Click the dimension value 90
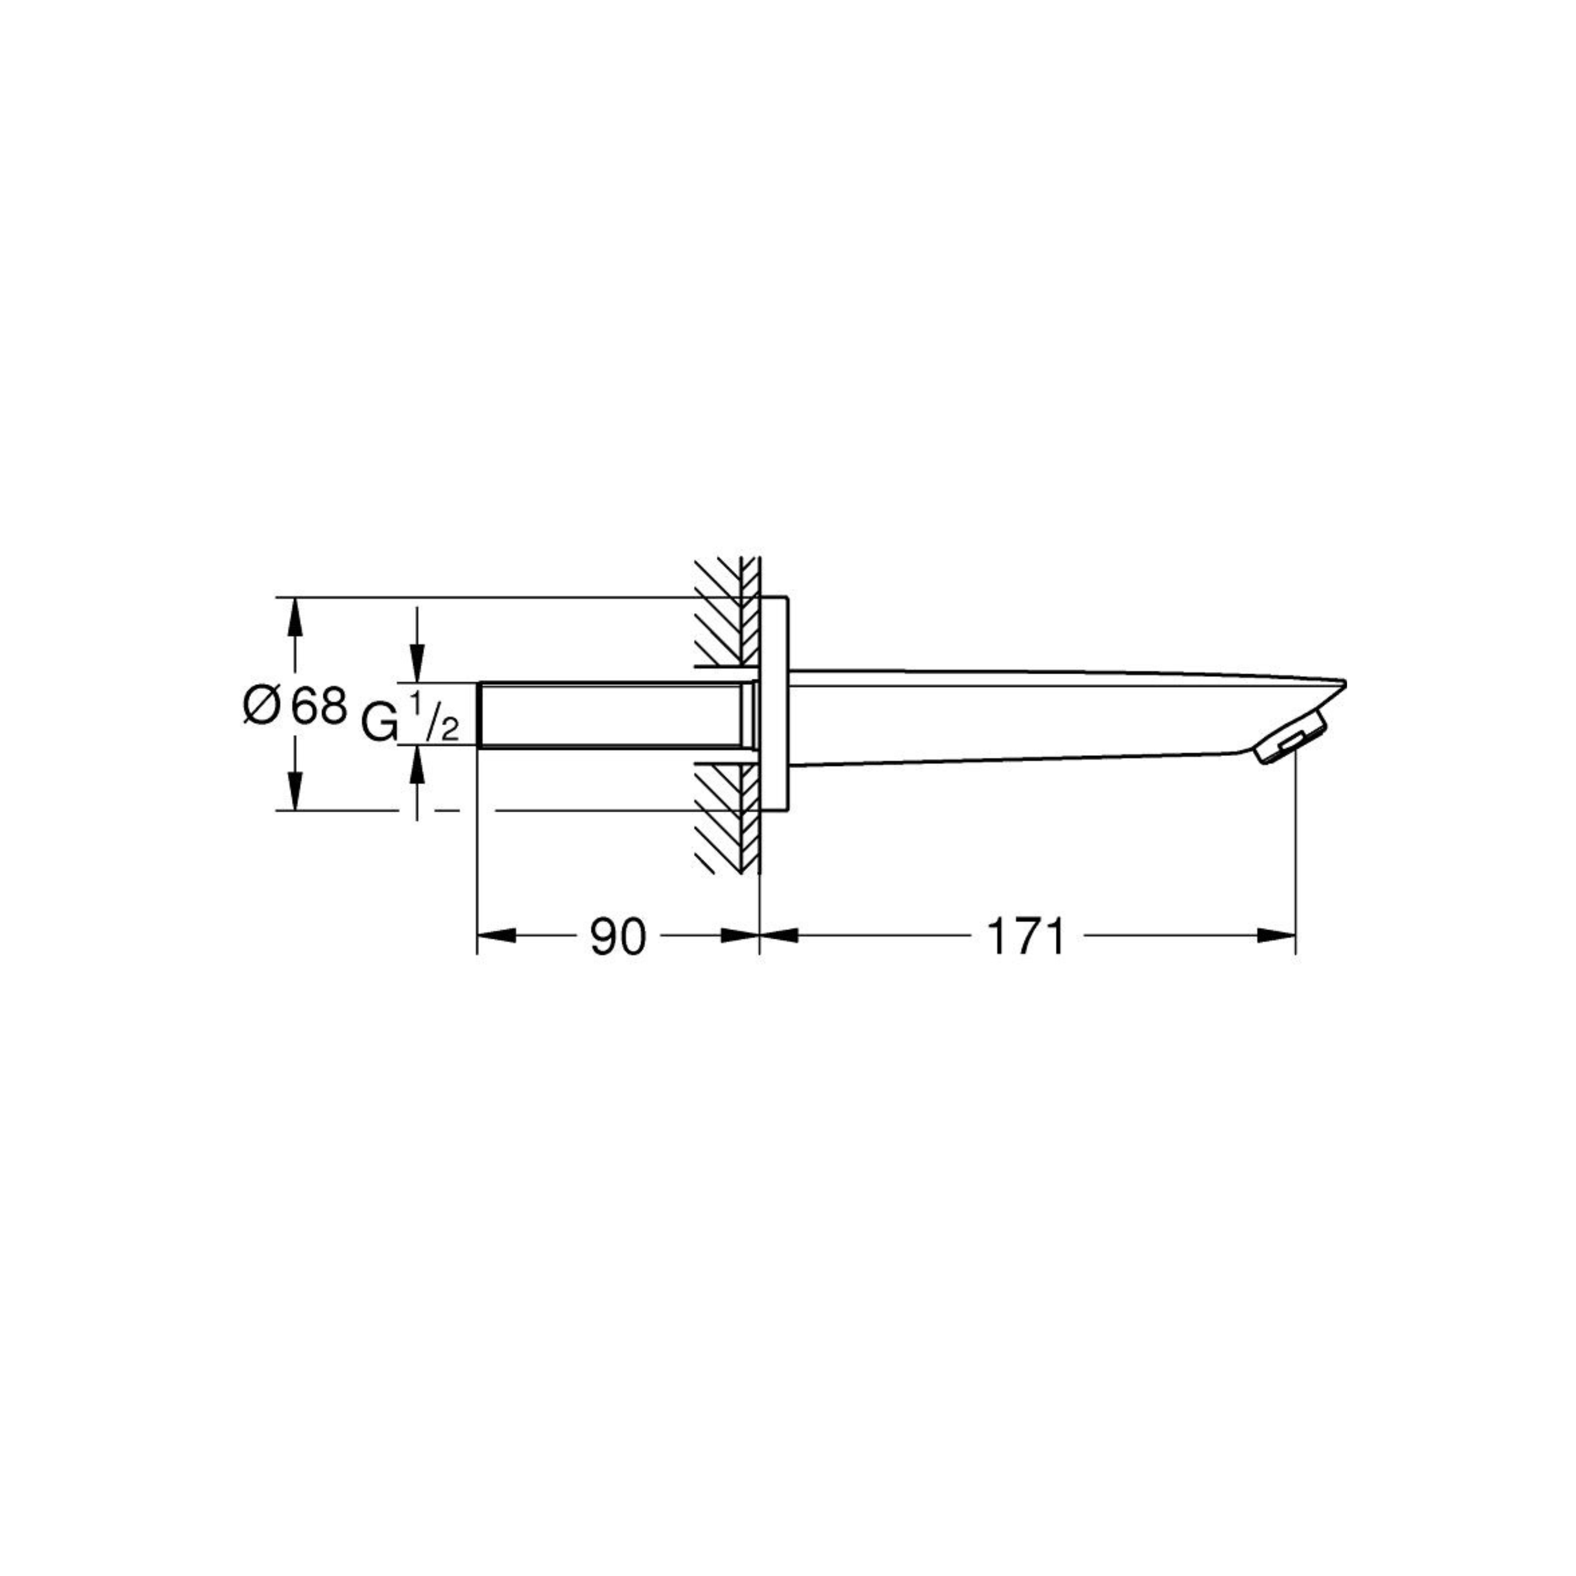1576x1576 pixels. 617,937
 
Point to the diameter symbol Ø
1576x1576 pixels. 262,706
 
